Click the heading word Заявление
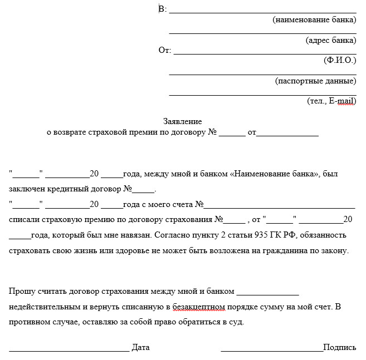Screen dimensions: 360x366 (x=182, y=121)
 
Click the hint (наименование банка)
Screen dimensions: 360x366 (x=314, y=20)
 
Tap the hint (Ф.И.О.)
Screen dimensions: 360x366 (x=339, y=60)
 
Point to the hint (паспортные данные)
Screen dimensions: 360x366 (x=315, y=81)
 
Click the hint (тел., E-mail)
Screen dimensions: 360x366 (x=331, y=101)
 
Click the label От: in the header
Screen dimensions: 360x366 (x=164, y=50)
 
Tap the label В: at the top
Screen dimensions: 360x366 (x=162, y=9)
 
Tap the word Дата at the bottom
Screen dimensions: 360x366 (x=140, y=347)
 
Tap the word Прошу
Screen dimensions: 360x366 (x=21, y=290)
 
